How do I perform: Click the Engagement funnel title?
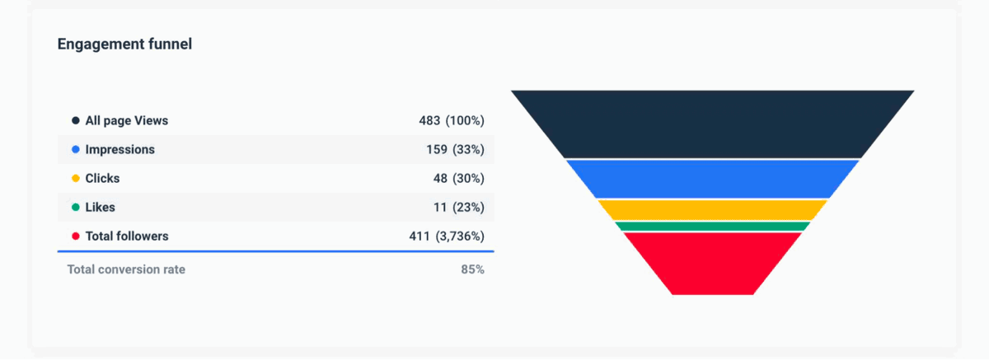click(124, 44)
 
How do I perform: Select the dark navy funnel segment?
click(713, 124)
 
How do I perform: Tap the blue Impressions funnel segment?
click(713, 178)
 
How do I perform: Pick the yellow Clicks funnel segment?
click(713, 209)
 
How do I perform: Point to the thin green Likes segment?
click(713, 226)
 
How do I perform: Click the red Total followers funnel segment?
click(713, 262)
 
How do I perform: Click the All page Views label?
click(126, 121)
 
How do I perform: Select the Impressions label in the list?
click(120, 150)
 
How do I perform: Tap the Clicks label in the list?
click(102, 179)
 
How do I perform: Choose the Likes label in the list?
click(100, 208)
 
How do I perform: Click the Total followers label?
click(126, 236)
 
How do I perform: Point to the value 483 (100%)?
click(451, 121)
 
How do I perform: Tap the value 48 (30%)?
click(457, 179)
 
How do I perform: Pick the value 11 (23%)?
click(457, 208)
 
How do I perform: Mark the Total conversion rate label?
click(126, 269)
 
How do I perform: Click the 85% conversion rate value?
click(472, 269)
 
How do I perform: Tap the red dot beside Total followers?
click(75, 236)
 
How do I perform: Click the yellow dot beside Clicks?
click(75, 179)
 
